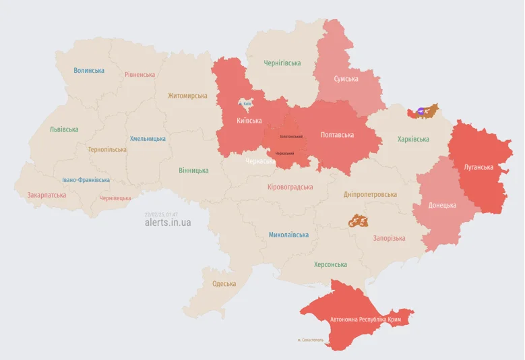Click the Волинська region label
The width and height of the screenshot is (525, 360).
coord(89,70)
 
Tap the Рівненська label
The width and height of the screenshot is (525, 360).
coord(140,75)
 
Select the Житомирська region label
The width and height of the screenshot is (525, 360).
coord(187,96)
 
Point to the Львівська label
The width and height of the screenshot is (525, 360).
coord(63,129)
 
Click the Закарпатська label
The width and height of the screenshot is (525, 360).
coord(47,195)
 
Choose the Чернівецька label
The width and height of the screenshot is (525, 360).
coord(115,198)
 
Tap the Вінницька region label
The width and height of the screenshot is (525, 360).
coord(193,171)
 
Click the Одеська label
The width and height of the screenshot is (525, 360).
coord(224,284)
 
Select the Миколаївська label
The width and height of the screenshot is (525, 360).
coord(288,235)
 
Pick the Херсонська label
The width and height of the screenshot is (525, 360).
coord(330,264)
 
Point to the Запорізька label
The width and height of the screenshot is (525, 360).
coord(389,238)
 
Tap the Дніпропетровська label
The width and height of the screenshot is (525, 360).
coord(370,194)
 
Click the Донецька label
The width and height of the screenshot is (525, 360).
coord(442,205)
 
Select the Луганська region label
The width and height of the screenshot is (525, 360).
coord(478,167)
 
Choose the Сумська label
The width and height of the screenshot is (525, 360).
coord(346,79)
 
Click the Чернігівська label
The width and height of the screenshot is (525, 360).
coord(282,63)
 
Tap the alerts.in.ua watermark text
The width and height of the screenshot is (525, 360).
coord(167,222)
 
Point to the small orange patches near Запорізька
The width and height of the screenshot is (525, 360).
coord(358,220)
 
